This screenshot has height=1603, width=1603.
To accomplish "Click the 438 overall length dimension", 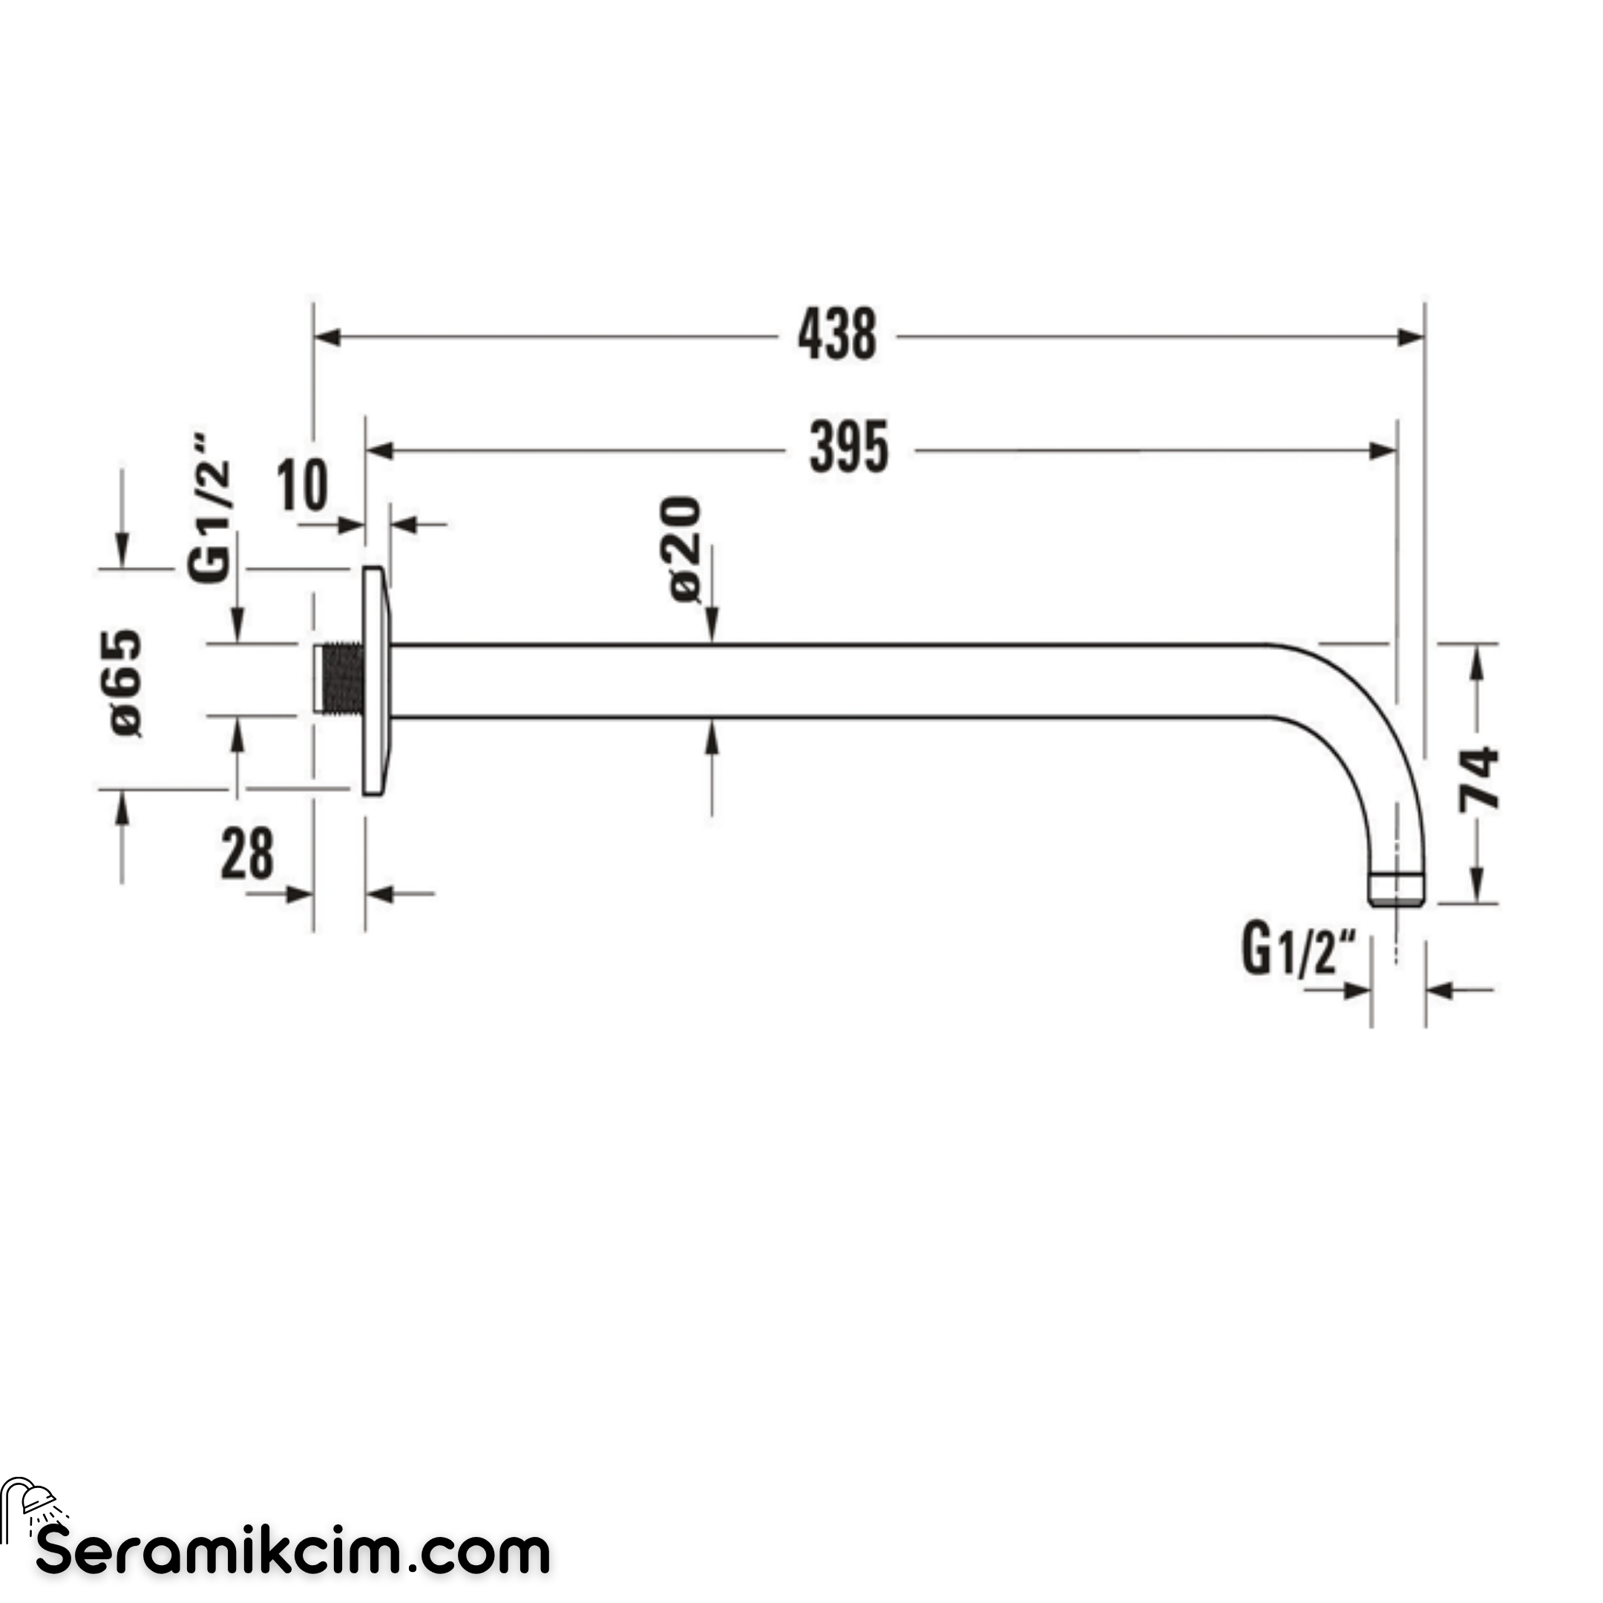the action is point(836,336).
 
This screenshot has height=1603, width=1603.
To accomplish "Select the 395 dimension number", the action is point(849,449).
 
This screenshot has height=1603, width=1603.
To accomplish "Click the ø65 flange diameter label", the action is point(126,683).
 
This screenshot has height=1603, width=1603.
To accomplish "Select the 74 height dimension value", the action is point(1479,779).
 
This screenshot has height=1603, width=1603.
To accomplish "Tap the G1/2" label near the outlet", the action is point(1299,951).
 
